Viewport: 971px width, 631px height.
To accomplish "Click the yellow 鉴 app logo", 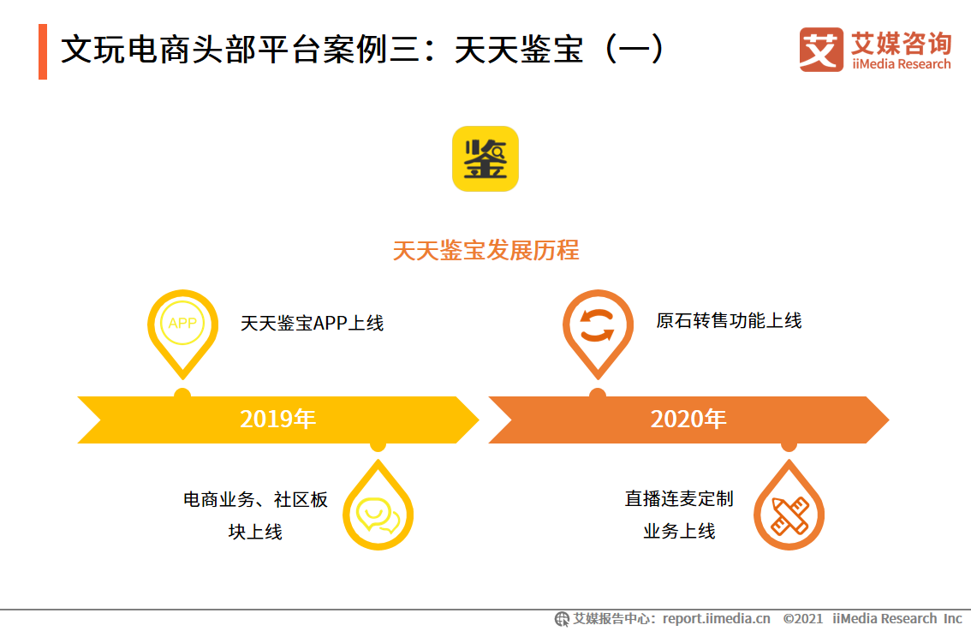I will click(x=485, y=158).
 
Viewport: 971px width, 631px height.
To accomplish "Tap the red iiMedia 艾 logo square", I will click(x=820, y=50).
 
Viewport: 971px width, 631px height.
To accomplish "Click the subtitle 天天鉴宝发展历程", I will click(x=485, y=250).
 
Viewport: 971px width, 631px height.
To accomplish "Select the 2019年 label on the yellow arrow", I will click(x=278, y=420).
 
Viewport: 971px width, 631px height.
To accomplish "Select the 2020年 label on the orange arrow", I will click(x=688, y=420).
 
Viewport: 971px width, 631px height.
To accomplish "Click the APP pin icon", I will click(x=182, y=324).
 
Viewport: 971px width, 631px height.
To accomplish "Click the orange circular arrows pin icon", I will click(x=598, y=326).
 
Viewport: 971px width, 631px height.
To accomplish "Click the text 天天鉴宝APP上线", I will click(x=312, y=324).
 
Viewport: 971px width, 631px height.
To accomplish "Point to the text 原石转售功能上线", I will click(x=729, y=321).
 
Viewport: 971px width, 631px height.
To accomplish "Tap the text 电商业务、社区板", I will click(x=255, y=500).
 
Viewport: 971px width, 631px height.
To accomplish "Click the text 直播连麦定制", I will click(x=679, y=499).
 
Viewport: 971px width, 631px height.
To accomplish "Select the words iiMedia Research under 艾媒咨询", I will click(x=901, y=64).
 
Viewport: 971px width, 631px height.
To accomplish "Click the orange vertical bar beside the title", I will click(x=43, y=51).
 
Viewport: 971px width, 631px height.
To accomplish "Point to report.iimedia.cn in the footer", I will click(x=717, y=618).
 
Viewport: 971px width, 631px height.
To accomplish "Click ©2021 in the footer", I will click(x=803, y=618).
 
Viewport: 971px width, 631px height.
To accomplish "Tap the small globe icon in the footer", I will click(x=562, y=618).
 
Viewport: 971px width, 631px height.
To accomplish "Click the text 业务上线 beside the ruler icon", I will click(x=679, y=532).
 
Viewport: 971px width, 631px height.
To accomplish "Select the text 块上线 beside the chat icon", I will click(x=255, y=532).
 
